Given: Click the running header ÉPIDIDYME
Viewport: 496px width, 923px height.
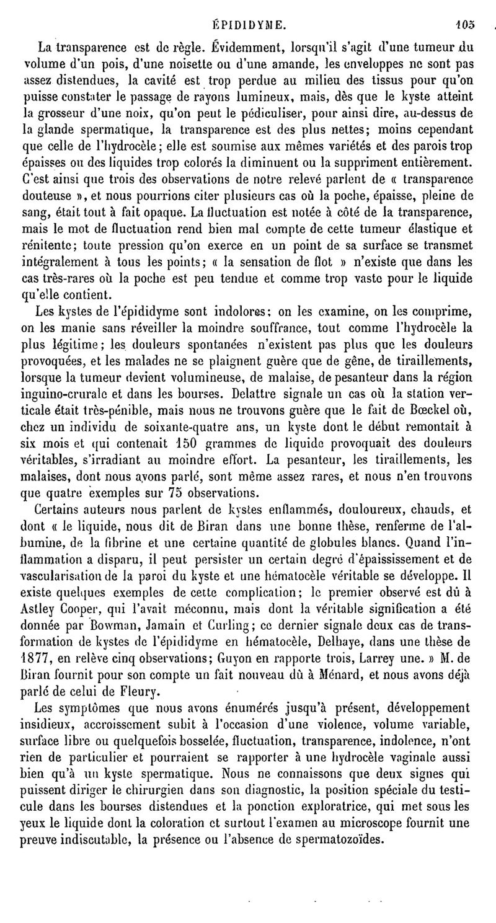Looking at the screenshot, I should pos(248,8).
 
